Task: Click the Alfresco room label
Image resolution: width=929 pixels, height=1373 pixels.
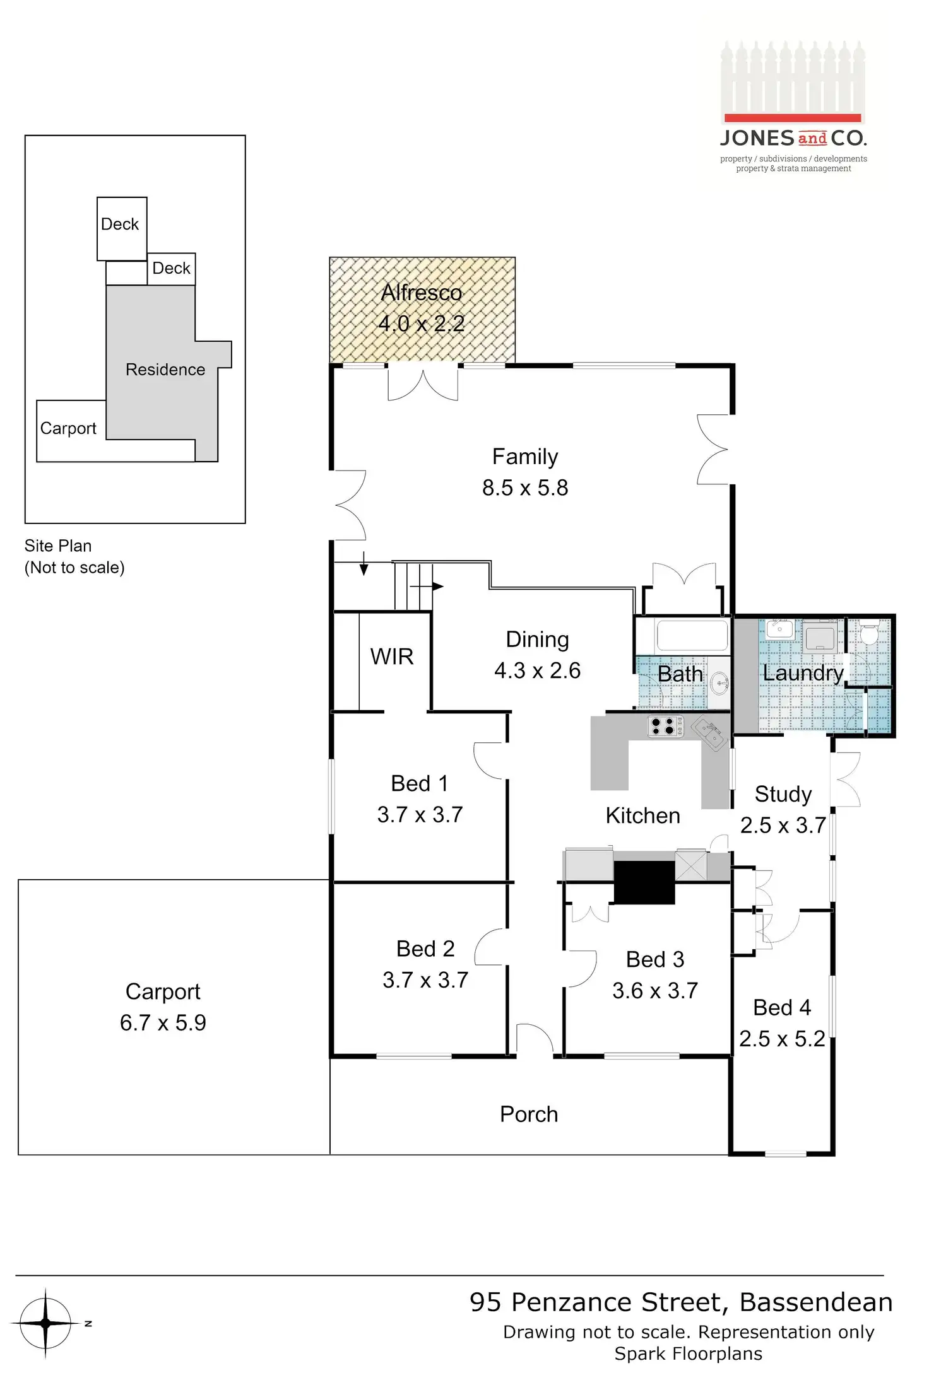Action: [x=422, y=293]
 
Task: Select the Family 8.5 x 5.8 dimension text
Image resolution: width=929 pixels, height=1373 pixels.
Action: [x=525, y=488]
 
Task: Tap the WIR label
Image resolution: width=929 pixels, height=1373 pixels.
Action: [x=392, y=657]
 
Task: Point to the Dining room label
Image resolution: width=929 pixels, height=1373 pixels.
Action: [x=538, y=640]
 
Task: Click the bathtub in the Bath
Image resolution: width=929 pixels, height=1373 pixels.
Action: [x=692, y=635]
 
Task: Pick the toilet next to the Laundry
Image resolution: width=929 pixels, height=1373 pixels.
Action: [x=870, y=633]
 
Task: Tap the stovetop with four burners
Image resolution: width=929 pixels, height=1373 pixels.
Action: [x=665, y=727]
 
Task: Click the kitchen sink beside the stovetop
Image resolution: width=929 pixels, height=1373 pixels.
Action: [x=711, y=734]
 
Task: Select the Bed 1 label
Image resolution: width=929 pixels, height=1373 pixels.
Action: [x=420, y=783]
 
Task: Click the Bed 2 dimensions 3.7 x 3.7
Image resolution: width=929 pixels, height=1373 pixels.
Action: [x=425, y=980]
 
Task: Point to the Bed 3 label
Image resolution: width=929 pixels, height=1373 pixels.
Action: [x=655, y=959]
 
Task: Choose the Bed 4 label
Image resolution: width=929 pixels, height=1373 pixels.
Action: [x=782, y=1007]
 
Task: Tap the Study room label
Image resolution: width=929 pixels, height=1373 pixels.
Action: [x=783, y=794]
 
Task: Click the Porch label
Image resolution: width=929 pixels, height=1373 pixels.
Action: [x=529, y=1114]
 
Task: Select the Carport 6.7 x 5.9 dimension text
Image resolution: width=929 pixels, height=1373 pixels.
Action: [x=163, y=1022]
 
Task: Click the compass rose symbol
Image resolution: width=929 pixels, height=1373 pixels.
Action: [x=45, y=1323]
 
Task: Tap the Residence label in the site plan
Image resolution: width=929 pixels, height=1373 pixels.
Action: [x=165, y=370]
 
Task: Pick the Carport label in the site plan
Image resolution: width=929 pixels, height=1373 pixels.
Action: [x=68, y=428]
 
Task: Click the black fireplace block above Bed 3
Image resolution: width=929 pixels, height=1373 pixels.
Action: [x=644, y=882]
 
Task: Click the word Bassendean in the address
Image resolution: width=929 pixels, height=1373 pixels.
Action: [x=816, y=1302]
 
